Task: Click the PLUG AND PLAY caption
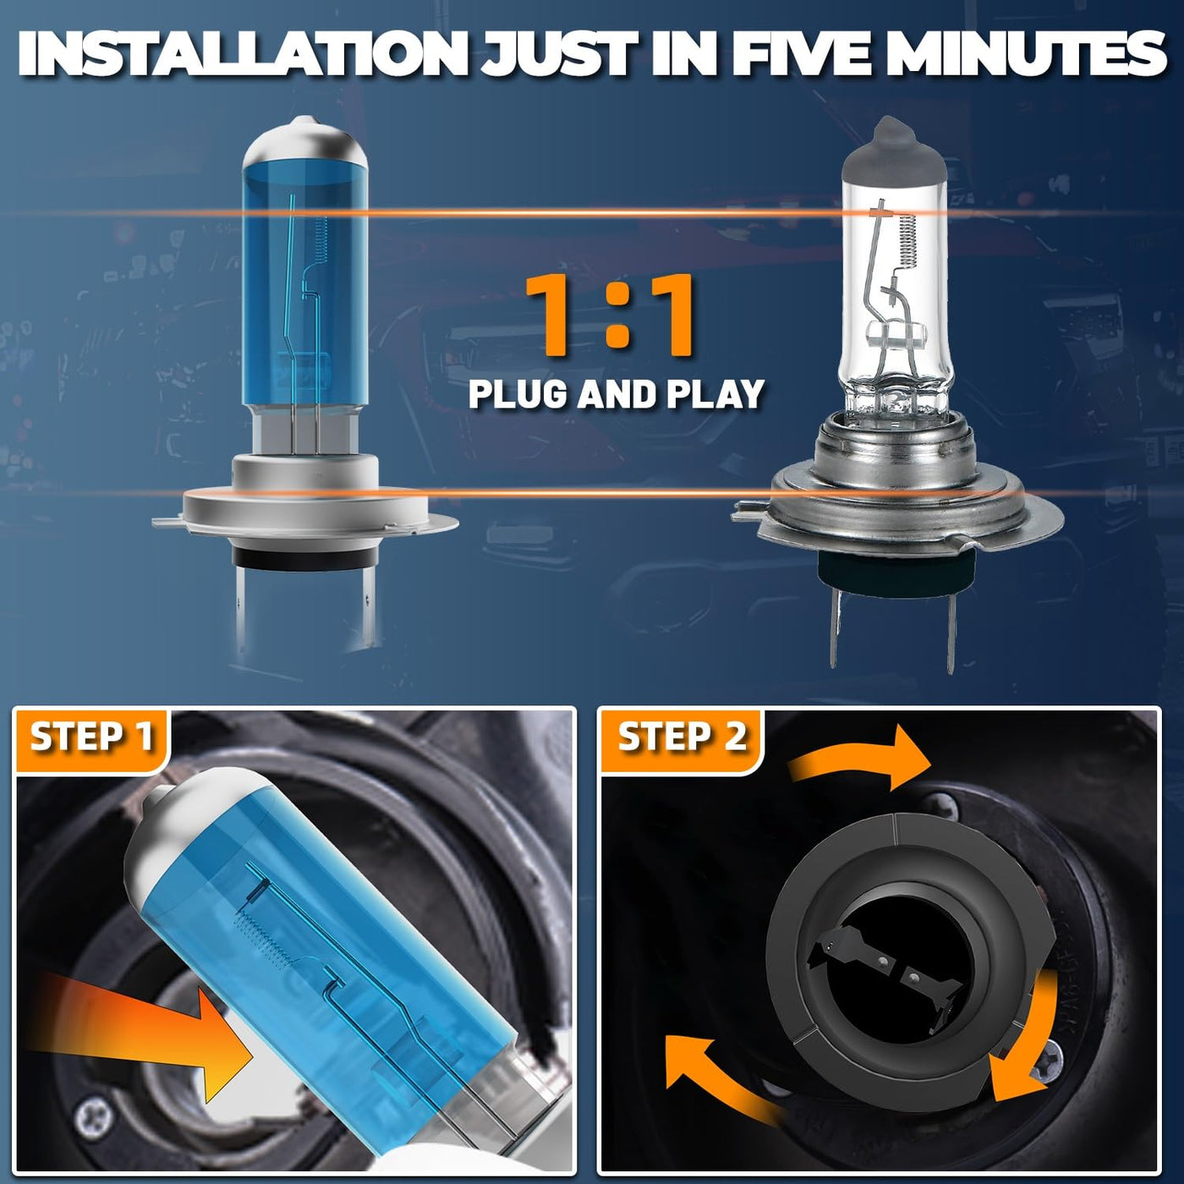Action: [x=616, y=394]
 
